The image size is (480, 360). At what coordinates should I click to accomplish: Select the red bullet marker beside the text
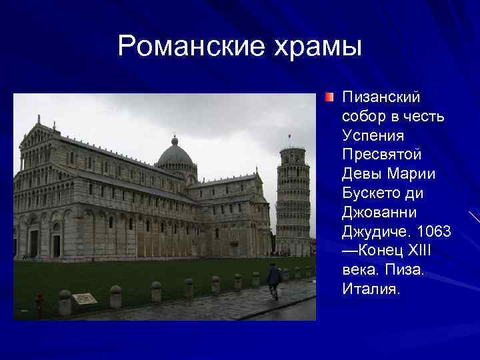329,98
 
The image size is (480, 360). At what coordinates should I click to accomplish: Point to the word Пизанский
381,98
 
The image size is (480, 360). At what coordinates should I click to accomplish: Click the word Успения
373,136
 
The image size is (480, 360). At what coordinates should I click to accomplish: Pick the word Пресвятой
382,155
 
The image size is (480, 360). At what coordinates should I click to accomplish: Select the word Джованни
379,213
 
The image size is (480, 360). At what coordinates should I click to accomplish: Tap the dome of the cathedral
175,155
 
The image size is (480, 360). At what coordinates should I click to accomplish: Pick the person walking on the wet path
273,279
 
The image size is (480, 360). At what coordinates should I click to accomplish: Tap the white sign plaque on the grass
85,299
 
